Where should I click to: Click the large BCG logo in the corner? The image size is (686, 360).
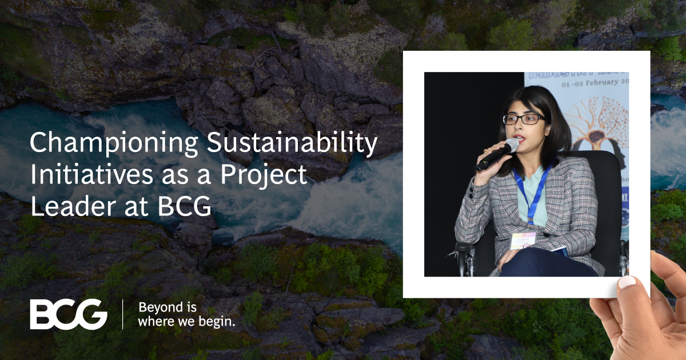pyautogui.click(x=69, y=315)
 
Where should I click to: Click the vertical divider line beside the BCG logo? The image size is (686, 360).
pyautogui.click(x=123, y=314)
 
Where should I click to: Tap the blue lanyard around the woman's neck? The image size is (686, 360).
pyautogui.click(x=533, y=191)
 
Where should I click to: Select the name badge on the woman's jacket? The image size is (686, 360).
pyautogui.click(x=524, y=240)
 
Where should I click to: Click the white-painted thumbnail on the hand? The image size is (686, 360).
pyautogui.click(x=627, y=282)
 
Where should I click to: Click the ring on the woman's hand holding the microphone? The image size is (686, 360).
pyautogui.click(x=485, y=151)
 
